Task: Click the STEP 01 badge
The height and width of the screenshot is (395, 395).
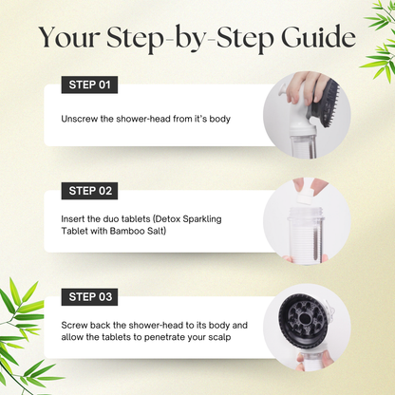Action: [x=89, y=85]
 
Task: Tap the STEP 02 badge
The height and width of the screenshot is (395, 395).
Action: [x=89, y=191]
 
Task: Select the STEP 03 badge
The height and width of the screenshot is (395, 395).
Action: [x=89, y=297]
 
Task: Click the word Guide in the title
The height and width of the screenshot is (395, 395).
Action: [x=318, y=37]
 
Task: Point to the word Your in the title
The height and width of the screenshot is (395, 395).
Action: [x=69, y=37]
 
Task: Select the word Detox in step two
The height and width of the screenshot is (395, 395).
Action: [x=168, y=218]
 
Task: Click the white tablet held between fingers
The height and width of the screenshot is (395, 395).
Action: [x=303, y=198]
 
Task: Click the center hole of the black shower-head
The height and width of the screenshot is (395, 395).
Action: [x=305, y=318]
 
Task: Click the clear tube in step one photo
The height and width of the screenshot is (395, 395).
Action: [x=303, y=144]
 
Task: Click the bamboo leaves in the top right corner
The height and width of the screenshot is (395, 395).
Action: [x=379, y=38]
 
